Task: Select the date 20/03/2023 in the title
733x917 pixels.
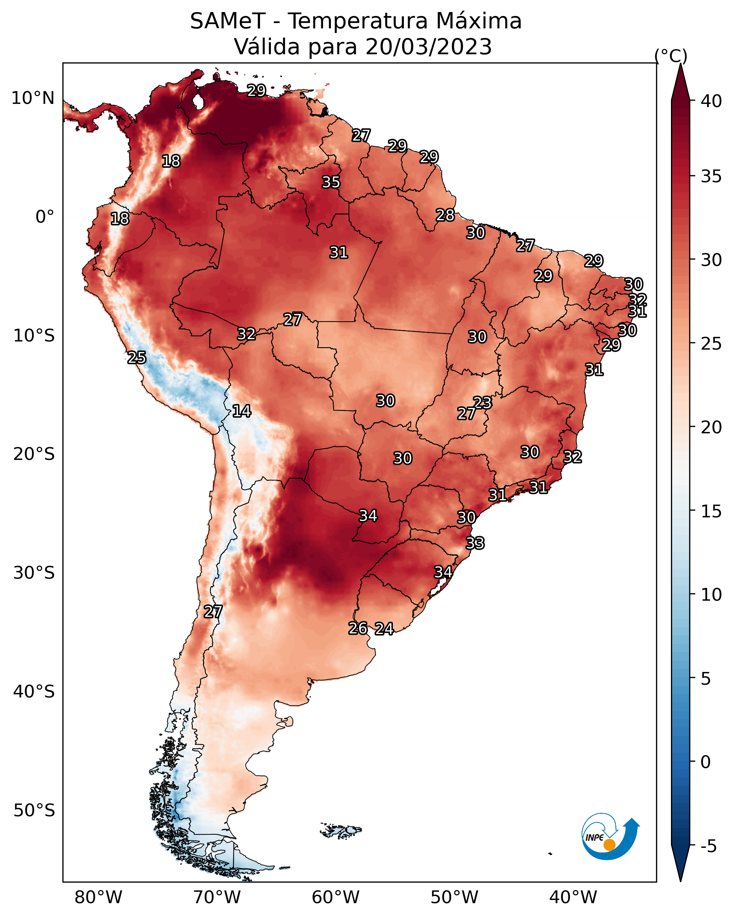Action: [428, 47]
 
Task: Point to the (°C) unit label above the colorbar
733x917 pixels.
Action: [671, 56]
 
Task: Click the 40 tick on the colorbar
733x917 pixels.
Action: [711, 101]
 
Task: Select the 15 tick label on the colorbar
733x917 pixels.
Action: [711, 511]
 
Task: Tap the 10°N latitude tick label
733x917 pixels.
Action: [33, 98]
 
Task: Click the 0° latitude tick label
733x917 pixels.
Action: [45, 217]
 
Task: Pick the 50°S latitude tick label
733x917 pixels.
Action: [34, 811]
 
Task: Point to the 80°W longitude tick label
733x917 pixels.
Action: [98, 897]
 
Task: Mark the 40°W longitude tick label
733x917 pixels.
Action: [573, 897]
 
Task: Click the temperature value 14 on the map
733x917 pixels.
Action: [241, 411]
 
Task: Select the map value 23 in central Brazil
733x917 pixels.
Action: [482, 402]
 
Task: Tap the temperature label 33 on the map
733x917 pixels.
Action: [475, 543]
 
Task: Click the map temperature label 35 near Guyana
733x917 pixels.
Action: [331, 182]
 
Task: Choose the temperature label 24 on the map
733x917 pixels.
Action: [384, 629]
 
